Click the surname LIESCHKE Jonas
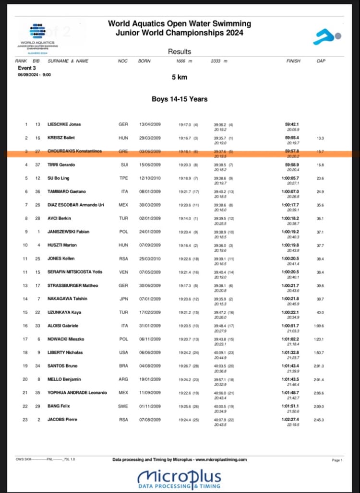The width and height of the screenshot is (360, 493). [64, 124]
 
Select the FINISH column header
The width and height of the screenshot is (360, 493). [293, 61]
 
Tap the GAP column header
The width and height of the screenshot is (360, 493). [321, 61]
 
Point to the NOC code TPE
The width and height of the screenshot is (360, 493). [123, 178]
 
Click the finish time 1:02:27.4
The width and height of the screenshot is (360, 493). [293, 420]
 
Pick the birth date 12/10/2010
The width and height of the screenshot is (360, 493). [150, 178]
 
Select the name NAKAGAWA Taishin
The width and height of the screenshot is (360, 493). [67, 299]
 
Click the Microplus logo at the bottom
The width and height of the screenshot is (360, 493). [180, 479]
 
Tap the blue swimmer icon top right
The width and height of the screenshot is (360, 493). [327, 36]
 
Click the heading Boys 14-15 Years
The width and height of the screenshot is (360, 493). [180, 99]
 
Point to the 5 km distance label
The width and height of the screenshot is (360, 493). [180, 77]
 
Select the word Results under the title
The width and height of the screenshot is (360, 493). [180, 51]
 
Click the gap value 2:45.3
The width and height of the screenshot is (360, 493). [320, 420]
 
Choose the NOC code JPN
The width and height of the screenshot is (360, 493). [123, 299]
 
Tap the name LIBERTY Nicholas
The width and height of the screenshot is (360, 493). [65, 352]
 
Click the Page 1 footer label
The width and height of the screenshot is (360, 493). [336, 460]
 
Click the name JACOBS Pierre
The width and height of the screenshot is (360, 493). [62, 420]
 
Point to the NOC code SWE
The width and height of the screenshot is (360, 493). [123, 406]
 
